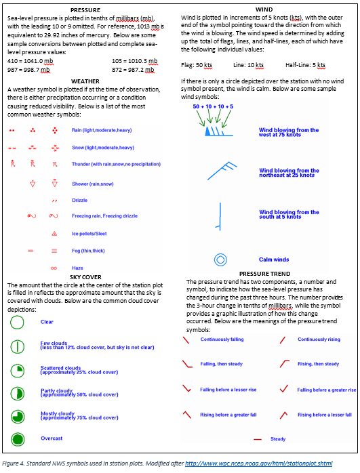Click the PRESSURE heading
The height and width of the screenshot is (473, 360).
[85, 9]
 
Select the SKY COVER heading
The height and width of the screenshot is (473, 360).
[85, 277]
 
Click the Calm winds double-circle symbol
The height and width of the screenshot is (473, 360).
[220, 260]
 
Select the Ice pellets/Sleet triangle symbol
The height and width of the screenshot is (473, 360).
[54, 234]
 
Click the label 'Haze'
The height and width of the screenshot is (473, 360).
[77, 268]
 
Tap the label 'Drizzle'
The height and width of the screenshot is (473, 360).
[79, 201]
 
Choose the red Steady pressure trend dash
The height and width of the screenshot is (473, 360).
[257, 440]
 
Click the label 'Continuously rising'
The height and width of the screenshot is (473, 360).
[319, 340]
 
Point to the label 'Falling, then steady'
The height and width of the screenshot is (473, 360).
[222, 365]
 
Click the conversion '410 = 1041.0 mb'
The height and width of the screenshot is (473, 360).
[30, 61]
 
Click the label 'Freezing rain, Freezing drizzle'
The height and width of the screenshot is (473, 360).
[104, 216]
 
